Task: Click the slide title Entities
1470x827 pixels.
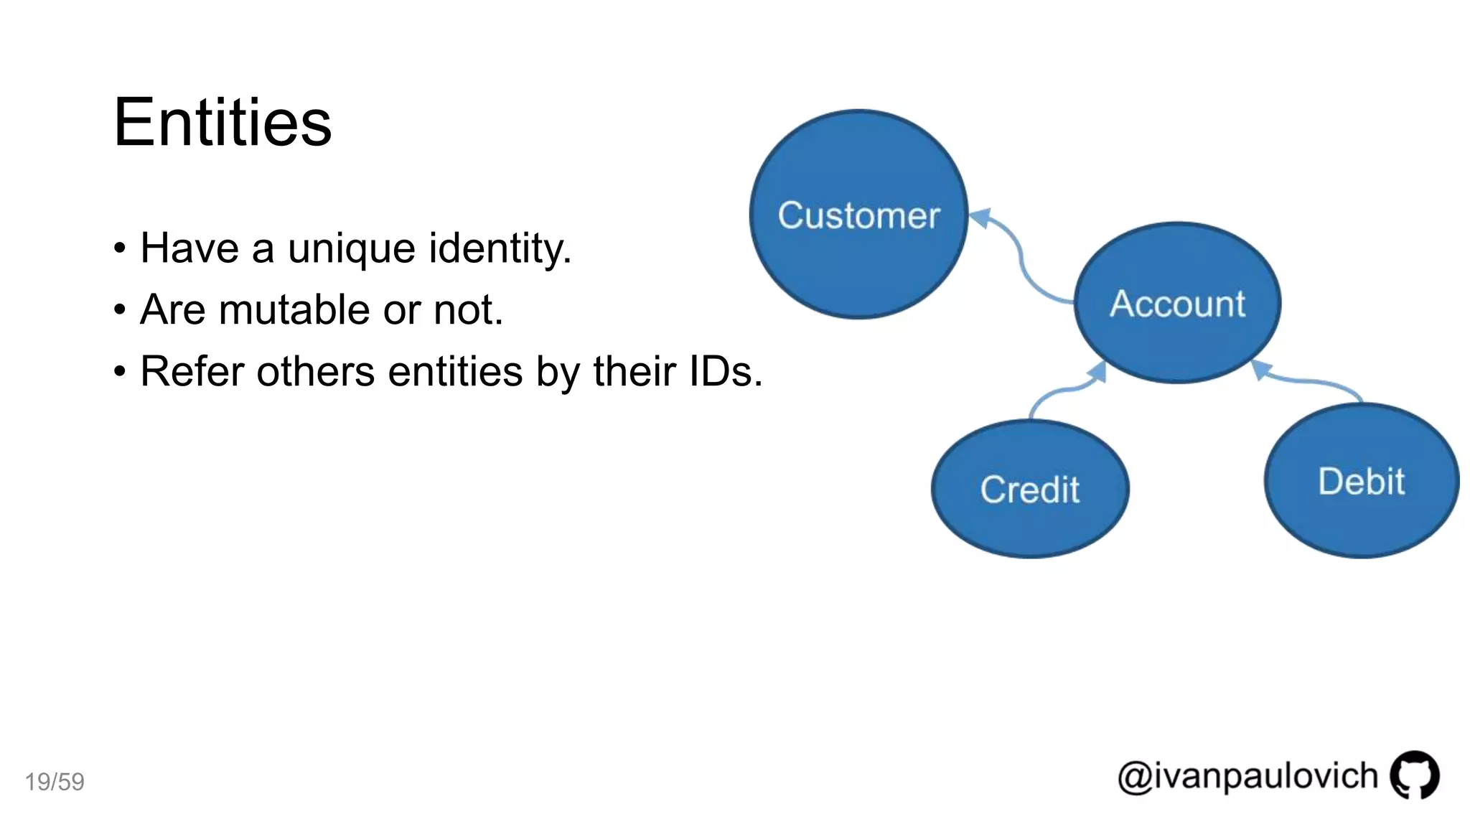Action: pos(223,123)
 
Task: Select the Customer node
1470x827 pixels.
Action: pos(858,215)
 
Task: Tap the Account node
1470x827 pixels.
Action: pos(1177,303)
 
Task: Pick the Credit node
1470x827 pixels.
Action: pos(1030,490)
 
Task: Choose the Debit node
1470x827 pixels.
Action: pos(1361,481)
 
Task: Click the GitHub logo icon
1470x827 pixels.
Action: pos(1414,775)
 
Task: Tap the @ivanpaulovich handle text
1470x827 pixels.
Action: pos(1247,777)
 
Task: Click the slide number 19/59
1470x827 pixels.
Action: pos(55,782)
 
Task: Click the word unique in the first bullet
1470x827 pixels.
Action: pos(351,248)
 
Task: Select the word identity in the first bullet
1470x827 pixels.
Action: pos(500,248)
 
